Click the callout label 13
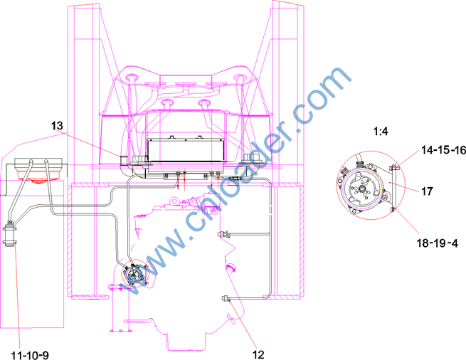(57, 126)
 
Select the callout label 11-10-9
(30, 355)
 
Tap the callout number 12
(258, 354)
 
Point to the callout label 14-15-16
(443, 150)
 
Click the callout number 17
(427, 191)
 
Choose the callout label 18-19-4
(437, 243)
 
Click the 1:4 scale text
(381, 131)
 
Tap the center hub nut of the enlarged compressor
(362, 189)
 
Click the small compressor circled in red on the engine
(134, 274)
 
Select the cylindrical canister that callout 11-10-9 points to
(9, 235)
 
